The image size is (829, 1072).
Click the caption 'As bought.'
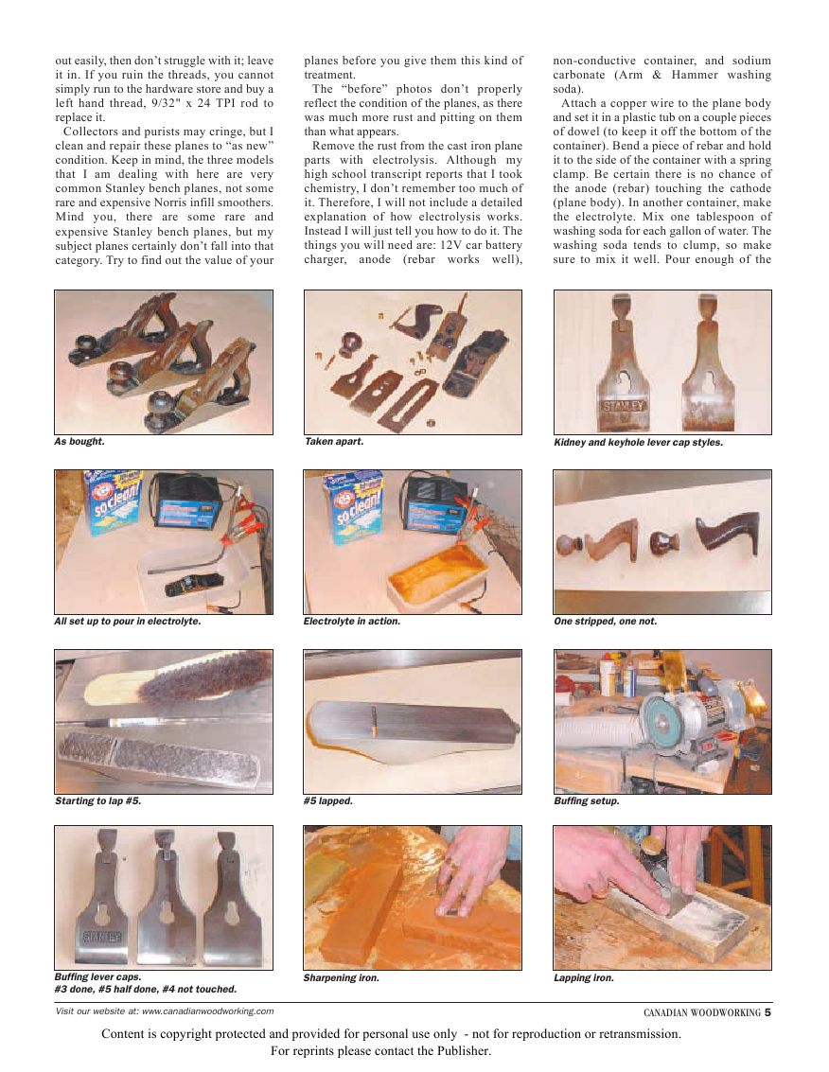(x=79, y=442)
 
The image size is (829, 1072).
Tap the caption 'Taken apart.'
(x=333, y=442)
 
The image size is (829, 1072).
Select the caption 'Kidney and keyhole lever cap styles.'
(x=638, y=442)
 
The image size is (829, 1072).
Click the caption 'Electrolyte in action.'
(x=352, y=622)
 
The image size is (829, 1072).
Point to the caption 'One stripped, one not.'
(x=605, y=622)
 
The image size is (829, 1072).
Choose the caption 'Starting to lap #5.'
(x=97, y=801)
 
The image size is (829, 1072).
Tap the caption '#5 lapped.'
(x=328, y=801)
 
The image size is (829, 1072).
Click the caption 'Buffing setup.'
(x=587, y=801)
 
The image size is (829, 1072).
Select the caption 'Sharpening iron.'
(x=342, y=978)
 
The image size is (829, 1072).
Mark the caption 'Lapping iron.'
(x=584, y=978)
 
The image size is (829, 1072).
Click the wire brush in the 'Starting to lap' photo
(x=219, y=680)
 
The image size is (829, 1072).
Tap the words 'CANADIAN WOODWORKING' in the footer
(x=702, y=1012)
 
